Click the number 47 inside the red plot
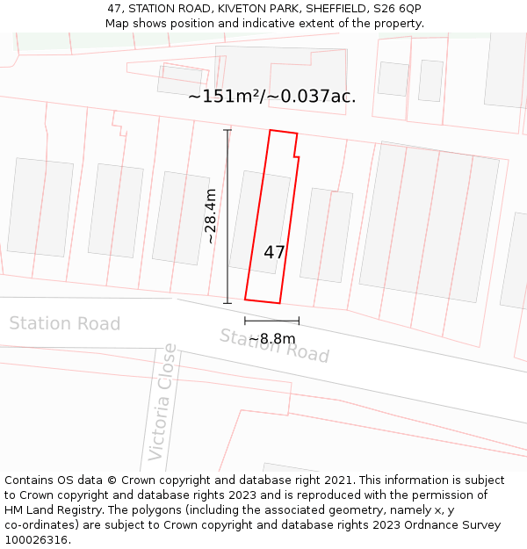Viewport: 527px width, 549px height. [x=274, y=252]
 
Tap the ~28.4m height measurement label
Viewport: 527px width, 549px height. [x=211, y=216]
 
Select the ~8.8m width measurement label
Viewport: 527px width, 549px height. [x=272, y=339]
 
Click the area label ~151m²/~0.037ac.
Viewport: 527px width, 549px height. [x=272, y=97]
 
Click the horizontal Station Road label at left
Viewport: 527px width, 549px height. [x=64, y=324]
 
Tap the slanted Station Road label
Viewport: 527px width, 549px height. [x=274, y=345]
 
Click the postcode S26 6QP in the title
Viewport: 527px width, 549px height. [x=397, y=9]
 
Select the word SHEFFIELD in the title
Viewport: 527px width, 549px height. [x=327, y=9]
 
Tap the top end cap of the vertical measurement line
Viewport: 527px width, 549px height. [x=227, y=131]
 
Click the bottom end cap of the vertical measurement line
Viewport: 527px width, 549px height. [x=227, y=303]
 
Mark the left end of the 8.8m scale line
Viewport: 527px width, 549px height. [x=245, y=321]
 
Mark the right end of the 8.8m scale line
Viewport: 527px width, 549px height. [x=299, y=321]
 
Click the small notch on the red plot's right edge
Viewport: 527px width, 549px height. [x=296, y=156]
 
